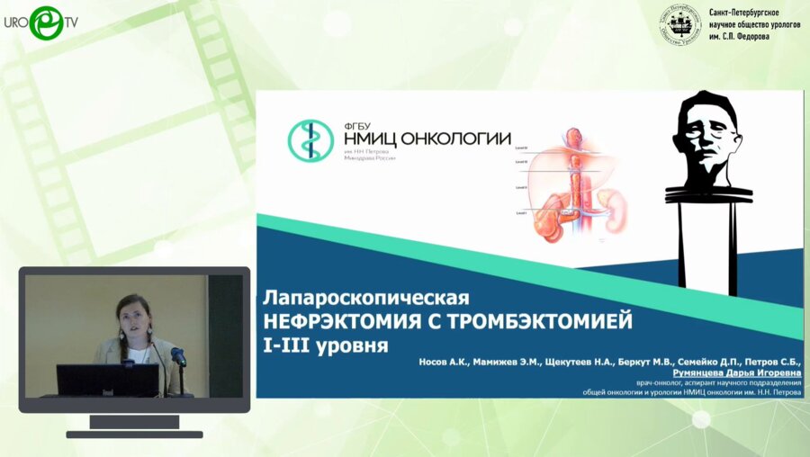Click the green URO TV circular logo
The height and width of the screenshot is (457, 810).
tap(45, 22)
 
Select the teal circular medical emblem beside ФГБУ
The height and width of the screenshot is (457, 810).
tap(310, 141)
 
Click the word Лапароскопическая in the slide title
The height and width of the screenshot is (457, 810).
tap(365, 296)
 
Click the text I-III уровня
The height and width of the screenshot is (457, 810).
tap(325, 345)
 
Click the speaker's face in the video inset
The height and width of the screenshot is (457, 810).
tap(130, 315)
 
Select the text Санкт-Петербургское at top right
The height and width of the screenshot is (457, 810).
tap(744, 13)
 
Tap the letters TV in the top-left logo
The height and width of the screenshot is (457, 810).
tap(70, 22)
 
